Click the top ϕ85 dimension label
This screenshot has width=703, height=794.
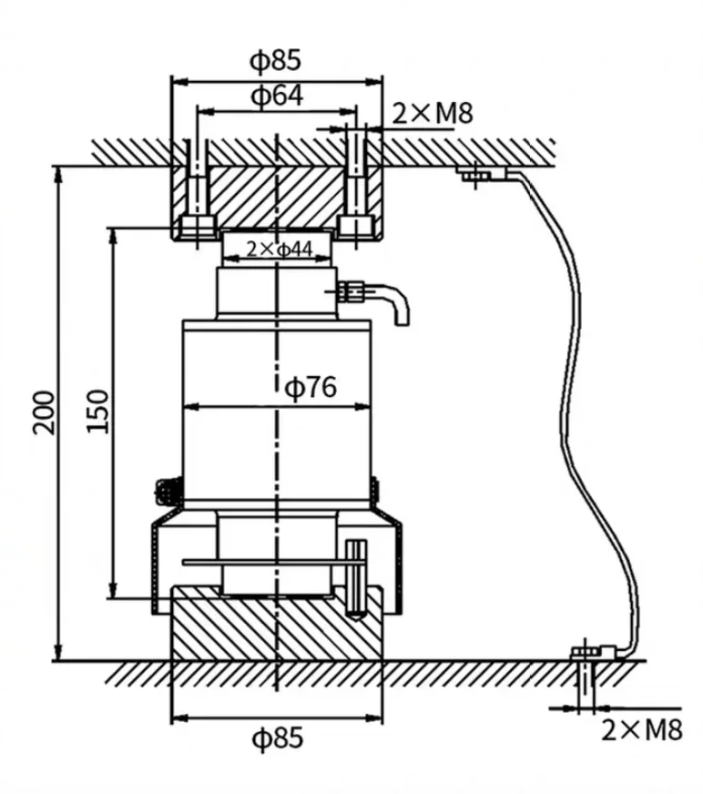click(275, 62)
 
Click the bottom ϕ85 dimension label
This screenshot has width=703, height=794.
click(275, 738)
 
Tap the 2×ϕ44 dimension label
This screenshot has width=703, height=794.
click(279, 248)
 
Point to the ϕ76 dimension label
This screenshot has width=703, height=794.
click(311, 387)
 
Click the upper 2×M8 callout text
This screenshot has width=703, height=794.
click(433, 113)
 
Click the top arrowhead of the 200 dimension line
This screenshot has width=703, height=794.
click(59, 173)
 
